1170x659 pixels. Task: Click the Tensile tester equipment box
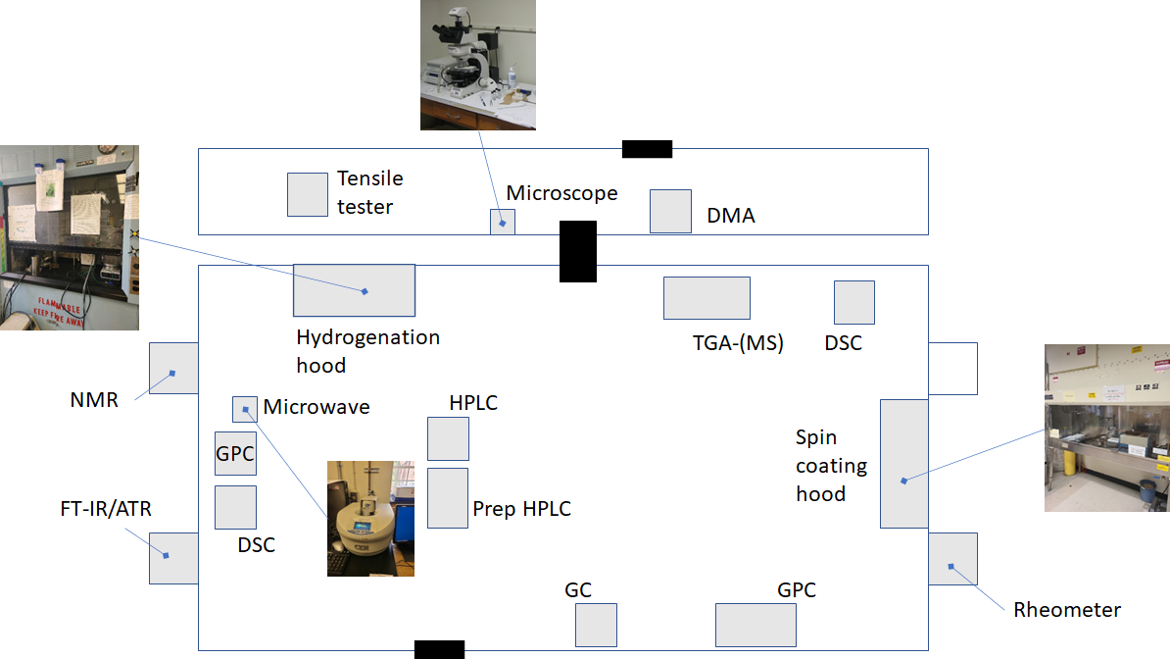pyautogui.click(x=307, y=194)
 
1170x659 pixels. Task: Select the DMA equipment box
pyautogui.click(x=670, y=211)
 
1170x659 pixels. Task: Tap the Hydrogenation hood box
pyautogui.click(x=354, y=289)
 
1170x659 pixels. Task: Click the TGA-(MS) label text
pyautogui.click(x=738, y=343)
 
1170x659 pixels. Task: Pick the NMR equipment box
pyautogui.click(x=173, y=368)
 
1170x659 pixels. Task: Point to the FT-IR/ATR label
pyautogui.click(x=105, y=509)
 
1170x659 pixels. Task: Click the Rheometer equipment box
pyautogui.click(x=952, y=559)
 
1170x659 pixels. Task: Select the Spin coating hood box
pyautogui.click(x=903, y=463)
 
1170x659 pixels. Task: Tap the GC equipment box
pyautogui.click(x=596, y=625)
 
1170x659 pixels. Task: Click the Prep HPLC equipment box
pyautogui.click(x=447, y=498)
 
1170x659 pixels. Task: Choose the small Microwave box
pyautogui.click(x=245, y=409)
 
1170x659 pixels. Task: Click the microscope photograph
pyautogui.click(x=477, y=65)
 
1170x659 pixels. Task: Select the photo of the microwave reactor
pyautogui.click(x=369, y=518)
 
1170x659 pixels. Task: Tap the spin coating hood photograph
pyautogui.click(x=1106, y=428)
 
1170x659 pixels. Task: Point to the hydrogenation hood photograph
pyautogui.click(x=69, y=237)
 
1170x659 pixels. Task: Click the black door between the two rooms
pyautogui.click(x=577, y=251)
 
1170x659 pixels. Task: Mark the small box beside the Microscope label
pyautogui.click(x=502, y=222)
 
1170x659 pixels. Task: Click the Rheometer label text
pyautogui.click(x=1067, y=610)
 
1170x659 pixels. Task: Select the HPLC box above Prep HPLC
pyautogui.click(x=448, y=438)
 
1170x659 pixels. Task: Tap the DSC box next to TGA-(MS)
pyautogui.click(x=853, y=302)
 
